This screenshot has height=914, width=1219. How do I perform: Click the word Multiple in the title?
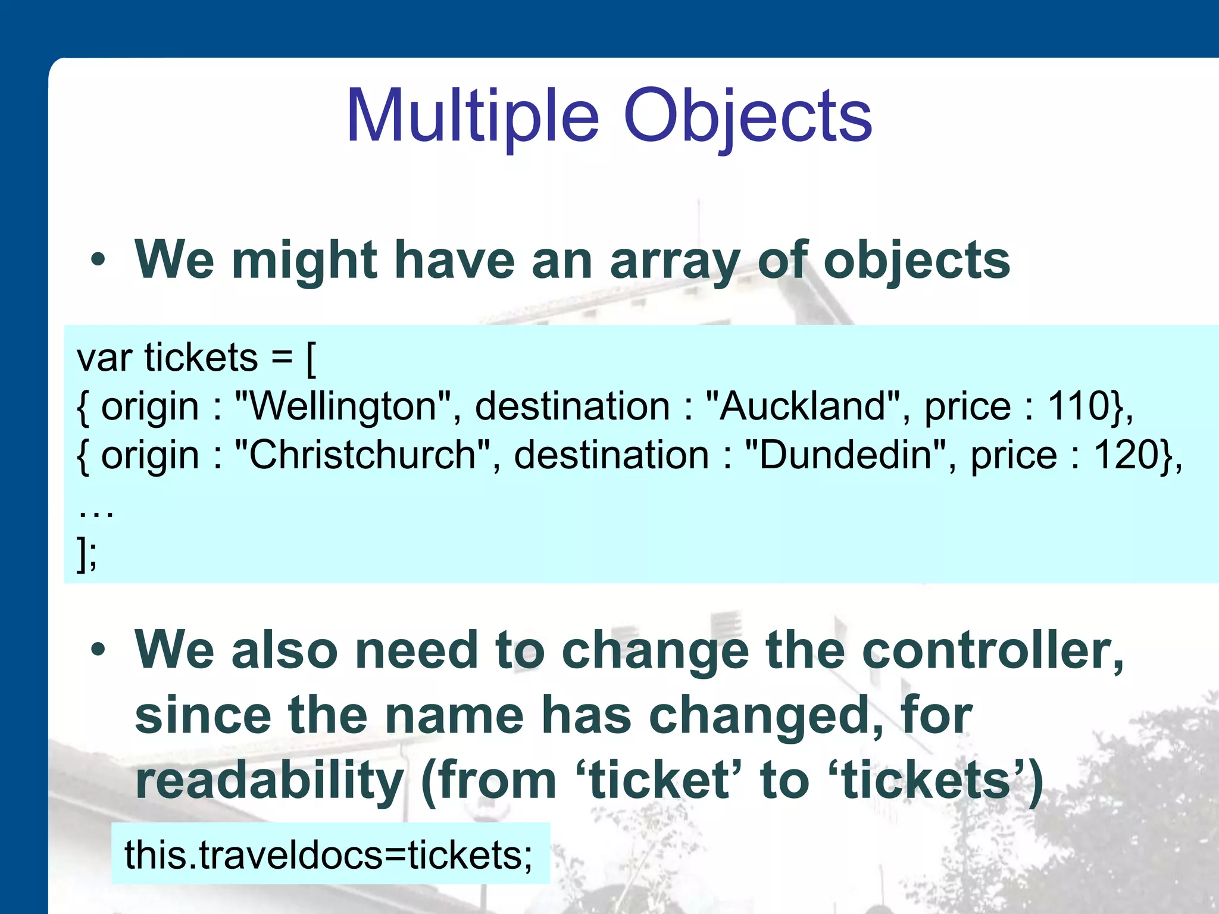pyautogui.click(x=471, y=117)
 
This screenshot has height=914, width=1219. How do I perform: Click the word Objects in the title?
pyautogui.click(x=748, y=117)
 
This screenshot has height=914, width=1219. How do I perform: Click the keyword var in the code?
pyautogui.click(x=104, y=358)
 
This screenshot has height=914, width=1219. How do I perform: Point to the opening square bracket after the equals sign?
pyautogui.click(x=311, y=359)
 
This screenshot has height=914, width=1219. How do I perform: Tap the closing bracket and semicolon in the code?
pyautogui.click(x=87, y=553)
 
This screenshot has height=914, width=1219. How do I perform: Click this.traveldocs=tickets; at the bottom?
pyautogui.click(x=329, y=854)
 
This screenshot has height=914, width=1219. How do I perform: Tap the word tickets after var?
pyautogui.click(x=201, y=358)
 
